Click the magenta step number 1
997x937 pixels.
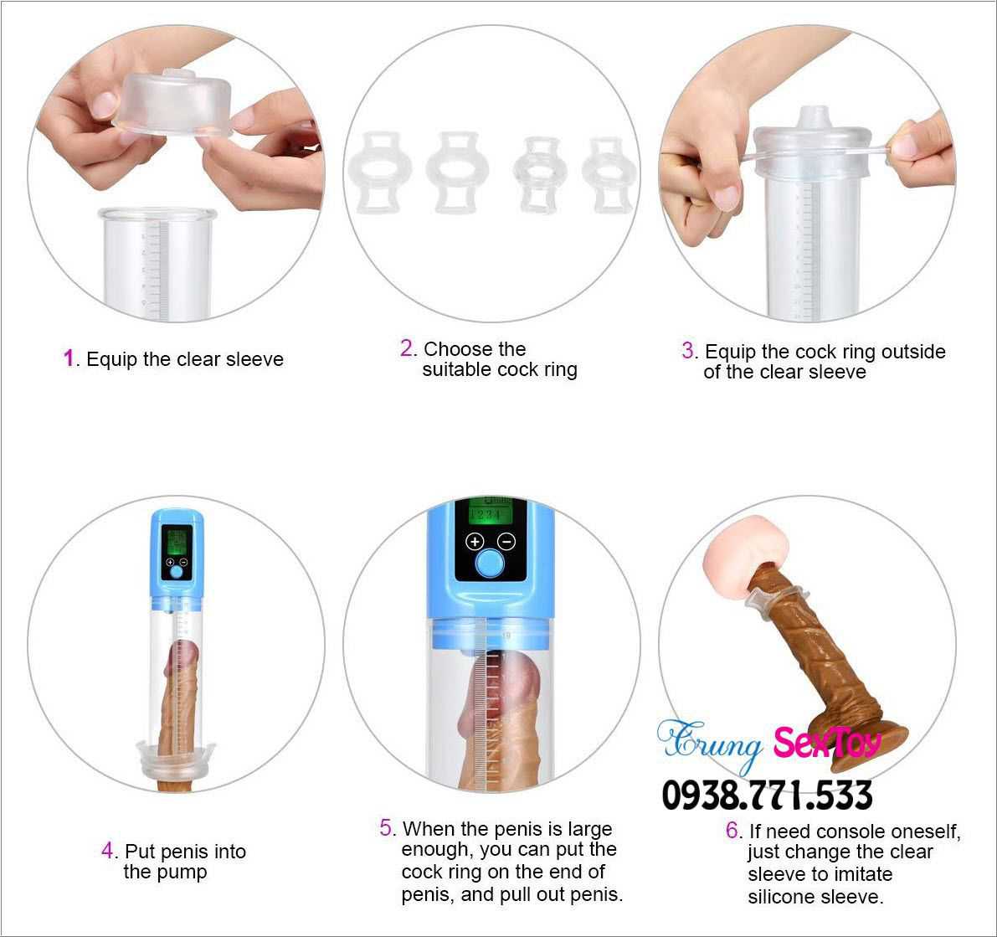pyautogui.click(x=69, y=358)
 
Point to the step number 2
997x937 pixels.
pyautogui.click(x=407, y=348)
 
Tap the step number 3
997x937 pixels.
pyautogui.click(x=688, y=351)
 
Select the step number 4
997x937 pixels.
pyautogui.click(x=107, y=851)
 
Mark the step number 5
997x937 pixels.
pyautogui.click(x=386, y=827)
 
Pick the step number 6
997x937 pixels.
pyautogui.click(x=732, y=830)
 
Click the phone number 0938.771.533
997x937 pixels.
pyautogui.click(x=767, y=795)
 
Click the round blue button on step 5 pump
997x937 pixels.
pyautogui.click(x=491, y=563)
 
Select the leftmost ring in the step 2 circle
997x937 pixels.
pyautogui.click(x=380, y=172)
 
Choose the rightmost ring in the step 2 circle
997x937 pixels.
pyautogui.click(x=609, y=174)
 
